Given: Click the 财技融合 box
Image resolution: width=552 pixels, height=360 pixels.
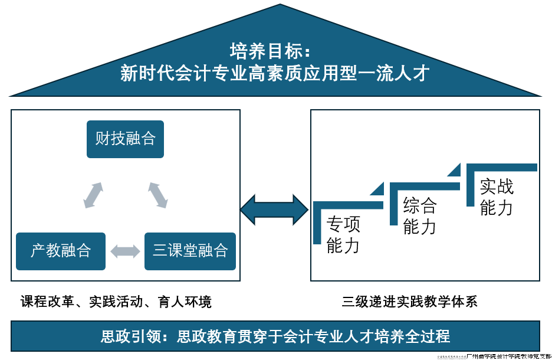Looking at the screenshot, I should (x=125, y=139).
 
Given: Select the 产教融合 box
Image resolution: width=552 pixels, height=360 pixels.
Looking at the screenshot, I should (x=61, y=251).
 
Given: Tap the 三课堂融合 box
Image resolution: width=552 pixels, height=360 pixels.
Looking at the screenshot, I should (x=190, y=251).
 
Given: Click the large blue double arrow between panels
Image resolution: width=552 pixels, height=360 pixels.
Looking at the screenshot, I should (x=275, y=208).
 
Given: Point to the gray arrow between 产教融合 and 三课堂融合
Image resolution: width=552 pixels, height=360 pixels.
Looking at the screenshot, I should (x=125, y=251).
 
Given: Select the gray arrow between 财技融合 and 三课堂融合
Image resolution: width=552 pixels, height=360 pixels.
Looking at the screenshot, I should (x=157, y=195).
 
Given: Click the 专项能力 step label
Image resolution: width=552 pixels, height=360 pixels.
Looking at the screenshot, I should (x=343, y=235).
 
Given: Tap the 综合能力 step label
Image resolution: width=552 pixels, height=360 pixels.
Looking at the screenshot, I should (x=420, y=216).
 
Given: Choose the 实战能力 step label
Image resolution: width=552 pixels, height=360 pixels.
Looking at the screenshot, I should (x=497, y=197).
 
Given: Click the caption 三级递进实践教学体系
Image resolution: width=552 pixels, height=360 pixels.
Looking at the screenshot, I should (x=410, y=302).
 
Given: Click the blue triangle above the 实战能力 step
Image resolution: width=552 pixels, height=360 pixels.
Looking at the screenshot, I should (x=455, y=171).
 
